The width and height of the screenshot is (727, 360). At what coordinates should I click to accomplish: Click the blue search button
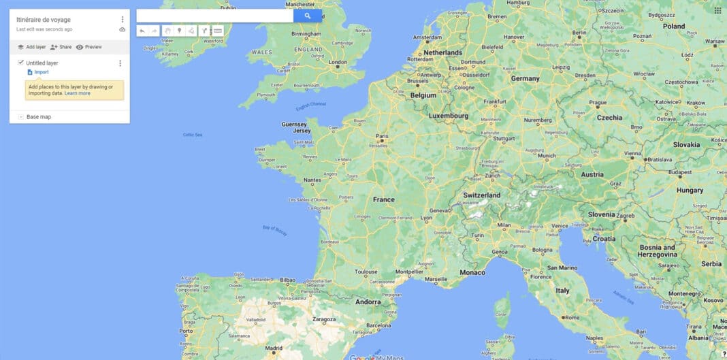[307, 16]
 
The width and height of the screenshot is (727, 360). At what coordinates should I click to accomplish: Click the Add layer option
[31, 47]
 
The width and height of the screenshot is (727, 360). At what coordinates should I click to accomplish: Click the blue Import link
[41, 72]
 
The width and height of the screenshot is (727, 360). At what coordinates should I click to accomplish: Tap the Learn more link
[78, 93]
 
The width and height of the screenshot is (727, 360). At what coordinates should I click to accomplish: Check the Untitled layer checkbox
[21, 63]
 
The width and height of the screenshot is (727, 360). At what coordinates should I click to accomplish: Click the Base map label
[38, 117]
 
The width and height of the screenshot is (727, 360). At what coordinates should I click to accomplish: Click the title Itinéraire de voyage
[44, 20]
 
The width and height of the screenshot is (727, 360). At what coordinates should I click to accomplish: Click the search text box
[214, 16]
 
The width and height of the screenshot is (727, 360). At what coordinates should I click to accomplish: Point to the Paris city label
[382, 135]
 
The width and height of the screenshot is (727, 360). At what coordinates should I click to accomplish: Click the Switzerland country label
[482, 195]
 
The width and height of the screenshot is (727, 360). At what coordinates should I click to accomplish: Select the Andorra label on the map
[368, 302]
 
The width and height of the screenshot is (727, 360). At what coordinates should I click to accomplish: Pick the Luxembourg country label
[449, 116]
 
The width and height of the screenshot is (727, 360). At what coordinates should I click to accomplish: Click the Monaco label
[473, 272]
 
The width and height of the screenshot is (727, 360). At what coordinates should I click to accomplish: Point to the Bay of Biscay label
[275, 231]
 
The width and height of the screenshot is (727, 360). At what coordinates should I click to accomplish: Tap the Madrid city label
[274, 348]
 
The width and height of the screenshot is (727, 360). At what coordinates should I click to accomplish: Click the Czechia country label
[609, 117]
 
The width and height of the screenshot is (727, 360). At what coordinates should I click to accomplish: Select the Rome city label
[572, 317]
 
